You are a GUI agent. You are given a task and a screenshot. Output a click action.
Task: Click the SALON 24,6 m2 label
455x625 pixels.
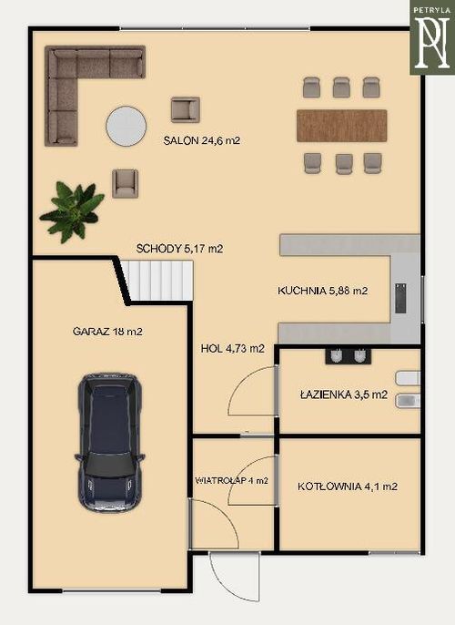202,140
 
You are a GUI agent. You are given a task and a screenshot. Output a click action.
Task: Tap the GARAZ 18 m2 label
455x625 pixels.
107,332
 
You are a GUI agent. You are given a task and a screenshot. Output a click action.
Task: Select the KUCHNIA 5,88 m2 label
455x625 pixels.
322,291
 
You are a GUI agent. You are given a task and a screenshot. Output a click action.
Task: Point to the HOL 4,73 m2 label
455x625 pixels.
232,348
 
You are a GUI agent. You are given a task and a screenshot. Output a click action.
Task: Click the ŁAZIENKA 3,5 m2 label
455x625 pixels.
344,394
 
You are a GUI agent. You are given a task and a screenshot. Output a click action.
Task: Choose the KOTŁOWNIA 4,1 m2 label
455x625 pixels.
347,487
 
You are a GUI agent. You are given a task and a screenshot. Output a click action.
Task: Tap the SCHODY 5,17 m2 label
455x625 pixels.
179,249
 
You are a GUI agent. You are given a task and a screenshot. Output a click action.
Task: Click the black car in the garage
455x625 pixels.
109,443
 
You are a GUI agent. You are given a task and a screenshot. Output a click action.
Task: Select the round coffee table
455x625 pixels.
126,126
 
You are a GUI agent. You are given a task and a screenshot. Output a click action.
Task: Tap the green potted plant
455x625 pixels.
73,211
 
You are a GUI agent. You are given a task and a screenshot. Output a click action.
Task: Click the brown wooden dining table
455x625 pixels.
342,126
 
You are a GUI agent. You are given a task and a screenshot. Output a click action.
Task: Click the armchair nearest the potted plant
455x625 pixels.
125,183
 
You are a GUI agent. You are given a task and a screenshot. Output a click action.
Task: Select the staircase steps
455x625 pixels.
158,281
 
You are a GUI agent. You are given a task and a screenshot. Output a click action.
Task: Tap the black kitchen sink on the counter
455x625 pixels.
400,298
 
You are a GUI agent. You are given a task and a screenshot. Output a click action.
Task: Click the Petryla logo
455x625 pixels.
432,37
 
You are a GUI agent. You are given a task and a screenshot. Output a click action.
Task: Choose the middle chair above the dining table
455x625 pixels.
341,87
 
